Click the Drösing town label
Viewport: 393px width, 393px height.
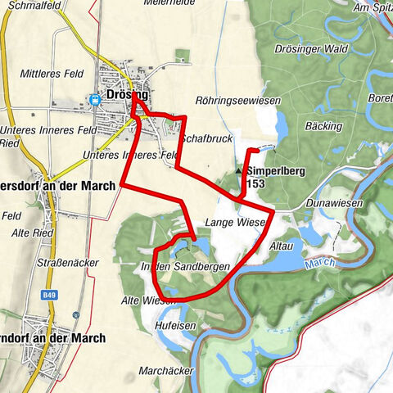[127, 94]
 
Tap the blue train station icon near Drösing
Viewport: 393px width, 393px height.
[96, 100]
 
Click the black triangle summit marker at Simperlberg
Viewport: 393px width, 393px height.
[239, 171]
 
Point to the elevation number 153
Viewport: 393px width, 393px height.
[255, 184]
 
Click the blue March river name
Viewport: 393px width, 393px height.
[314, 265]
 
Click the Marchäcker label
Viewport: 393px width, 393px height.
[166, 370]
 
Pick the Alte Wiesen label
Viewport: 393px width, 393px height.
[147, 300]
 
